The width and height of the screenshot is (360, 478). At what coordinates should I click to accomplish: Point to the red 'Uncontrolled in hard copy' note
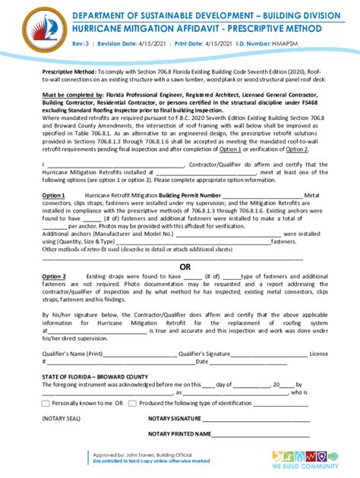[140, 461]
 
